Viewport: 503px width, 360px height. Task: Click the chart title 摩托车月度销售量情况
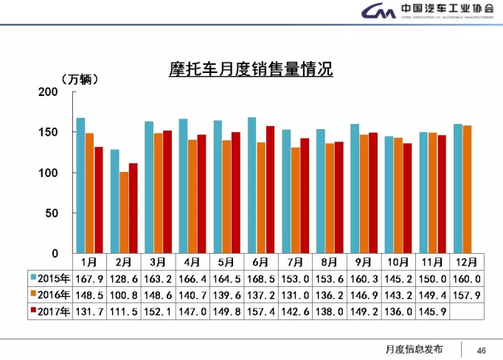[x=251, y=70]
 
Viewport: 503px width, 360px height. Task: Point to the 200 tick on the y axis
[x=47, y=92]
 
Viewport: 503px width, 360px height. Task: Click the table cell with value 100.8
[x=123, y=295]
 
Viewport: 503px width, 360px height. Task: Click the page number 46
[x=482, y=350]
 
